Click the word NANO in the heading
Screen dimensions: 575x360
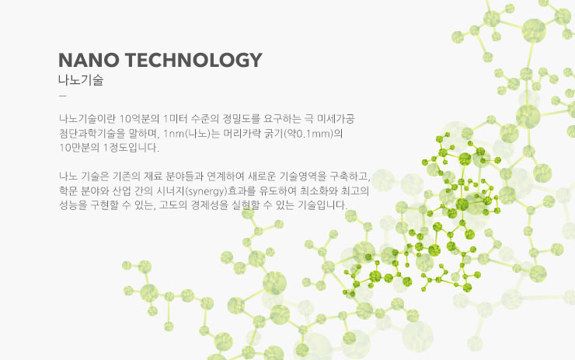(89, 60)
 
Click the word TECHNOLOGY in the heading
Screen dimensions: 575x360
(193, 60)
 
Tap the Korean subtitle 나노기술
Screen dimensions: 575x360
(81, 80)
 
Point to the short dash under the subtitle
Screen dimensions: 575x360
(63, 96)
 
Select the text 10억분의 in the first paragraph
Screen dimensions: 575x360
(139, 118)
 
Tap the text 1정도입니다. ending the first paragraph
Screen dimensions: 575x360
(131, 148)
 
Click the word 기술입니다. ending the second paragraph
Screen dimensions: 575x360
(322, 205)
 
